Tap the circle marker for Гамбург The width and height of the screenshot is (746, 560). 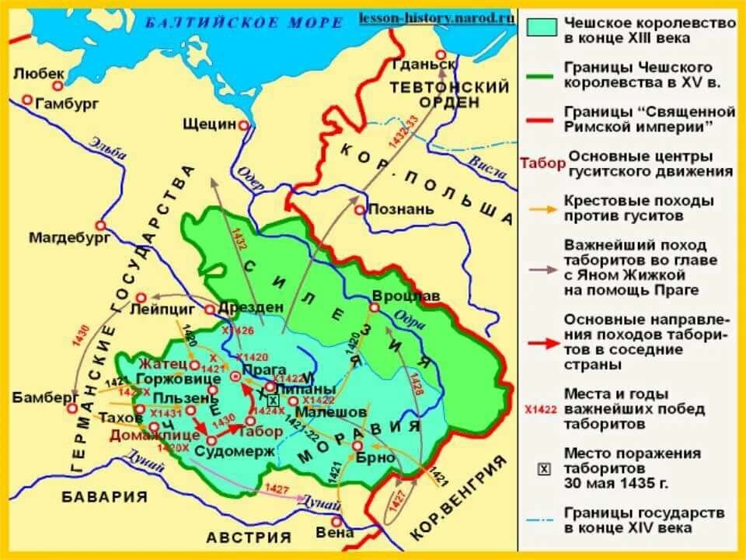[x=28, y=100]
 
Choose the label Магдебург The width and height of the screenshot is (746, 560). [x=59, y=237]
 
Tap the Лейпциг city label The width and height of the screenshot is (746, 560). [x=162, y=308]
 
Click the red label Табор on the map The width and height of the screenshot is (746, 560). [x=257, y=430]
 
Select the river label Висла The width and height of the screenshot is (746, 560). [x=485, y=161]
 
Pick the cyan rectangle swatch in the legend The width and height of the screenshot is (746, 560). [x=542, y=27]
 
